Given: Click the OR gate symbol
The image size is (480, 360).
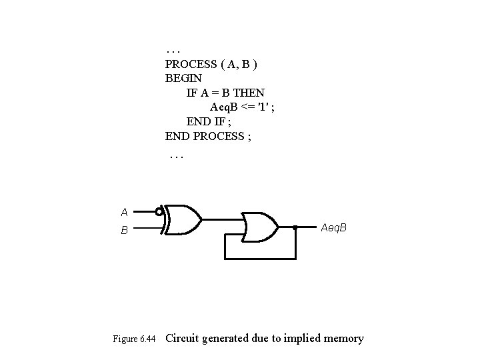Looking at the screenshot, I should tap(261, 227).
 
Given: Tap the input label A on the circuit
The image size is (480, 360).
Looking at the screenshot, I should tap(124, 213).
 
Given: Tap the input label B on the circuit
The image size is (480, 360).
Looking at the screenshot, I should tap(124, 231).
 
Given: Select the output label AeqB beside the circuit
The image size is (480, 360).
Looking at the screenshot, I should tap(333, 228).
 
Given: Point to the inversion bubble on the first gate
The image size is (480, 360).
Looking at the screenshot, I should tap(159, 213).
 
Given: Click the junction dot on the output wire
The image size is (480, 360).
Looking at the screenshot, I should tap(295, 227).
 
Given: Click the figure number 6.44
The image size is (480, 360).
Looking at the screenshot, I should tap(149, 339).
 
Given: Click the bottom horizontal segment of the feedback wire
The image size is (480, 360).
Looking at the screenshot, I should tap(261, 258).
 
